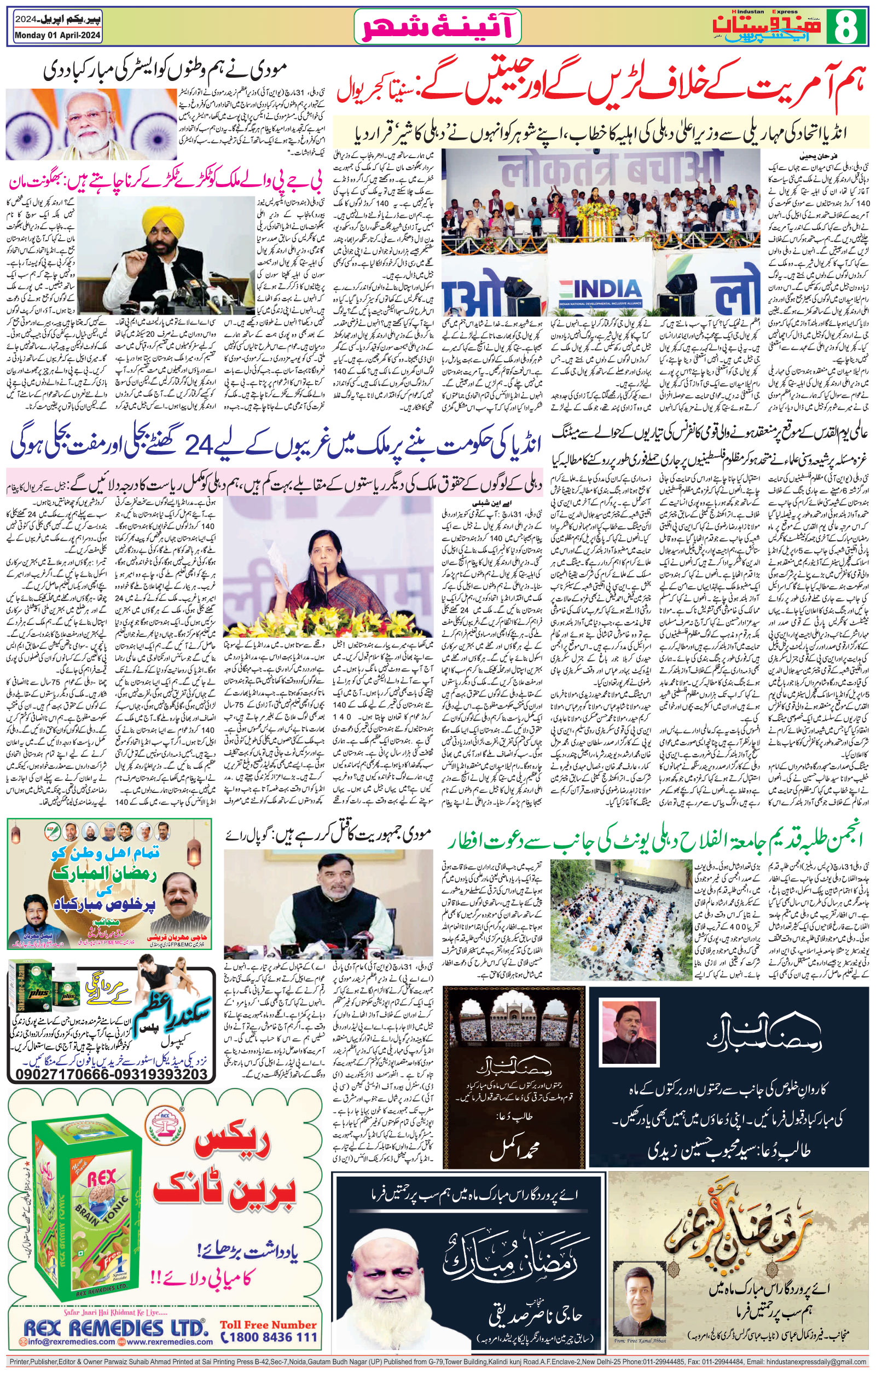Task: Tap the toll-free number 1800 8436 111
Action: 269,1336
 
